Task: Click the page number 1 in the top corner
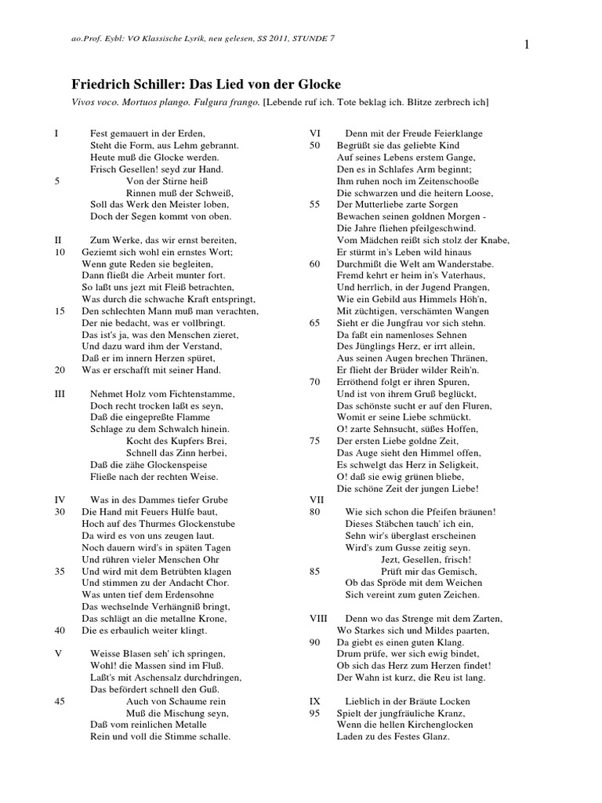click(x=528, y=45)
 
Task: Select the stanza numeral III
click(x=60, y=393)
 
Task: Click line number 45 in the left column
click(x=60, y=702)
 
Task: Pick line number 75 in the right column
click(x=315, y=441)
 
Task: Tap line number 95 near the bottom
click(x=315, y=714)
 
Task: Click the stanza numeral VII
click(x=316, y=500)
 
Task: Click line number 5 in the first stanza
click(x=57, y=180)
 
